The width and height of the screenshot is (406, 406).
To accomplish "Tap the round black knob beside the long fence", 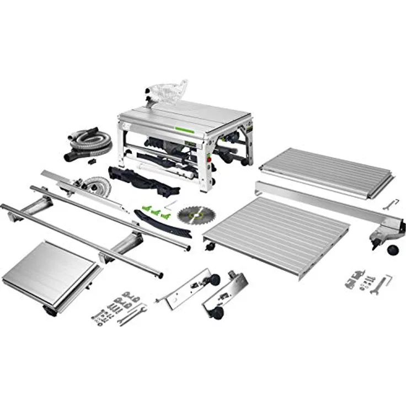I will pos(393,250).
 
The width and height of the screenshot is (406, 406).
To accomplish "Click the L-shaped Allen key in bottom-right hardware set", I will pos(388,280).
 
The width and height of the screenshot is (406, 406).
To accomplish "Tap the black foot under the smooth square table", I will pos(51,311).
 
